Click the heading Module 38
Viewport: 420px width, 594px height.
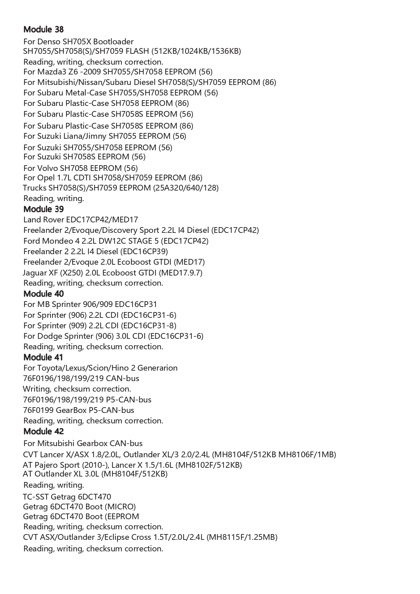(43, 29)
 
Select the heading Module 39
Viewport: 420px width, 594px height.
(43, 209)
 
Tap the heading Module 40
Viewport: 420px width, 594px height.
(43, 293)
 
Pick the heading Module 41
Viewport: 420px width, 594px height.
(43, 357)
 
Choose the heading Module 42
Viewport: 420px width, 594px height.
(43, 431)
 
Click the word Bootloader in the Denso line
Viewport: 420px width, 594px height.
(113, 42)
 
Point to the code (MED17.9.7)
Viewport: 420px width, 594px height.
(180, 272)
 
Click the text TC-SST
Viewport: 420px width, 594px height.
(36, 497)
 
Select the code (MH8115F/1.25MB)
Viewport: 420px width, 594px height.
(242, 537)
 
